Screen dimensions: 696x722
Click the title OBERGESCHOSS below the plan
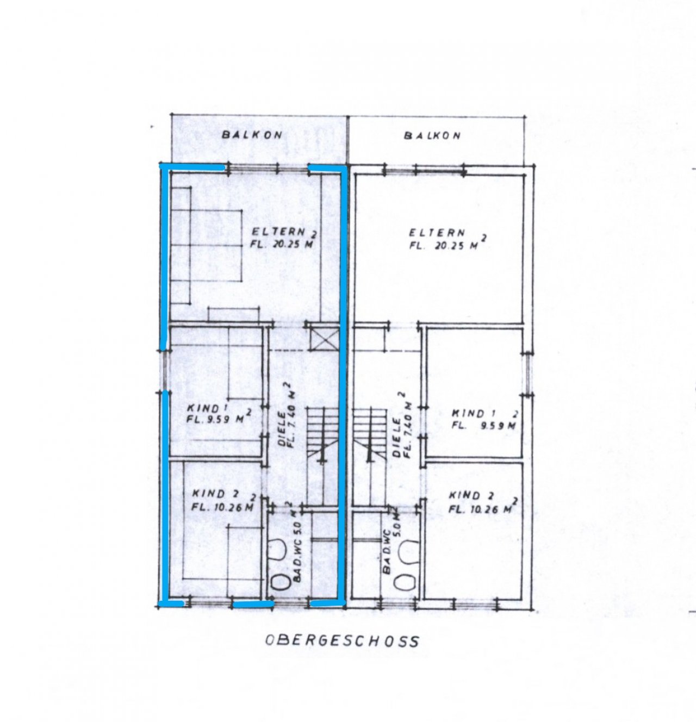343,641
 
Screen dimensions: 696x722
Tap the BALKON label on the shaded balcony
252,135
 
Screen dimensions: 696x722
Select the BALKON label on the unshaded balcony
432,135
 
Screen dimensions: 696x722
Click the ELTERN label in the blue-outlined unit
278,232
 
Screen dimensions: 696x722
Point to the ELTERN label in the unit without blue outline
437,233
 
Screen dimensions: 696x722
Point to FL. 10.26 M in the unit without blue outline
481,509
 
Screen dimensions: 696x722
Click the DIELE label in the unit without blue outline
396,437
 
